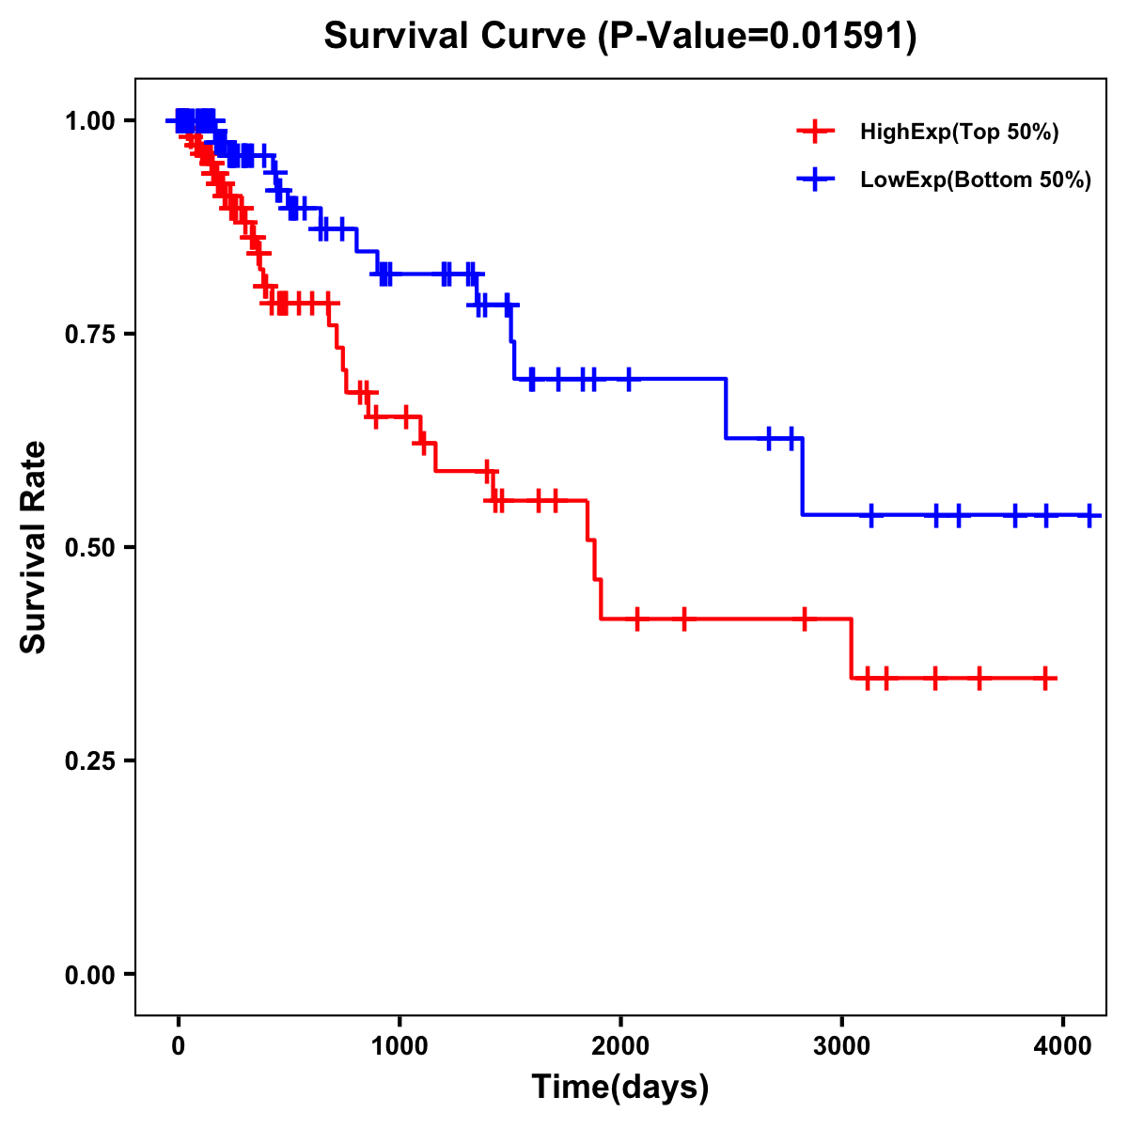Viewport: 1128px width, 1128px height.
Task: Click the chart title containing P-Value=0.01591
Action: (x=620, y=36)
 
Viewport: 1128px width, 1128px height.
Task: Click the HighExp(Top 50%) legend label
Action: (x=959, y=133)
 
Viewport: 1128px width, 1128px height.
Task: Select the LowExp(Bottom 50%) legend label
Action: (x=976, y=180)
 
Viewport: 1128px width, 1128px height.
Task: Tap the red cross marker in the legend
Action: (x=815, y=133)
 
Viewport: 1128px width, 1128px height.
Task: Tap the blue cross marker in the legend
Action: (x=815, y=180)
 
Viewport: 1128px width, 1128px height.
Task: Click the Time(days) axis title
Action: (x=620, y=1088)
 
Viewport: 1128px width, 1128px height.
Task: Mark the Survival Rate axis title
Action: (x=34, y=547)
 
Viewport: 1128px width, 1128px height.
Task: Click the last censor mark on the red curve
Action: (x=1045, y=678)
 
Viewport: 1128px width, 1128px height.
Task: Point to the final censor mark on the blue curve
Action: (x=1089, y=515)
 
